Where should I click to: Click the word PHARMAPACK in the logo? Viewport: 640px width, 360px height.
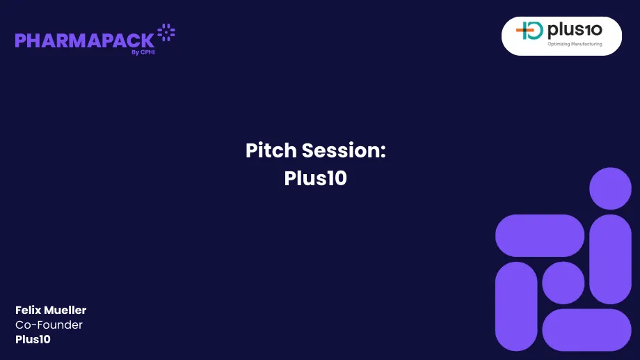tap(84, 40)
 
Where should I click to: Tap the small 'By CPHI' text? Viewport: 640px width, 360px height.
tap(143, 52)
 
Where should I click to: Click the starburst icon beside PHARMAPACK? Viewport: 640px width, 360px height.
tap(166, 32)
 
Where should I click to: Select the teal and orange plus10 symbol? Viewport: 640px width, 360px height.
tap(529, 31)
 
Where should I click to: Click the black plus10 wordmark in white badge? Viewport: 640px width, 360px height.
tap(575, 30)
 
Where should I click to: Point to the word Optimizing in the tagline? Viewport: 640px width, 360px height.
tap(559, 45)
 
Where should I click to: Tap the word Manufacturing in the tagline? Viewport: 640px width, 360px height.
tap(586, 45)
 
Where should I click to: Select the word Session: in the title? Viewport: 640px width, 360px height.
tap(344, 150)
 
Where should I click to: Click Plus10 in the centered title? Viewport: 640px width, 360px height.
tap(315, 178)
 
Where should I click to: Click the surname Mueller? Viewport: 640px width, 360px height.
tap(65, 310)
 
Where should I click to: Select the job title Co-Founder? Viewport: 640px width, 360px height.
tap(49, 324)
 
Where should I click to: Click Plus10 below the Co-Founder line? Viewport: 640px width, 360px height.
tap(33, 340)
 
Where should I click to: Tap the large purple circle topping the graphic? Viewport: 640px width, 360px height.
tap(610, 188)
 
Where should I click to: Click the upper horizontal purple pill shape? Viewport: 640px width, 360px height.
tap(540, 235)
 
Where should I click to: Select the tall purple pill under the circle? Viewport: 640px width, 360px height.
tap(610, 259)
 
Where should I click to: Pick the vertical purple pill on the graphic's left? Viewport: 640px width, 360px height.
tap(516, 306)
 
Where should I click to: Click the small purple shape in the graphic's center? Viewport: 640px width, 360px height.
tap(563, 283)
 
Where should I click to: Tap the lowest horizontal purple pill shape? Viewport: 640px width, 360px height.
tap(586, 330)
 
